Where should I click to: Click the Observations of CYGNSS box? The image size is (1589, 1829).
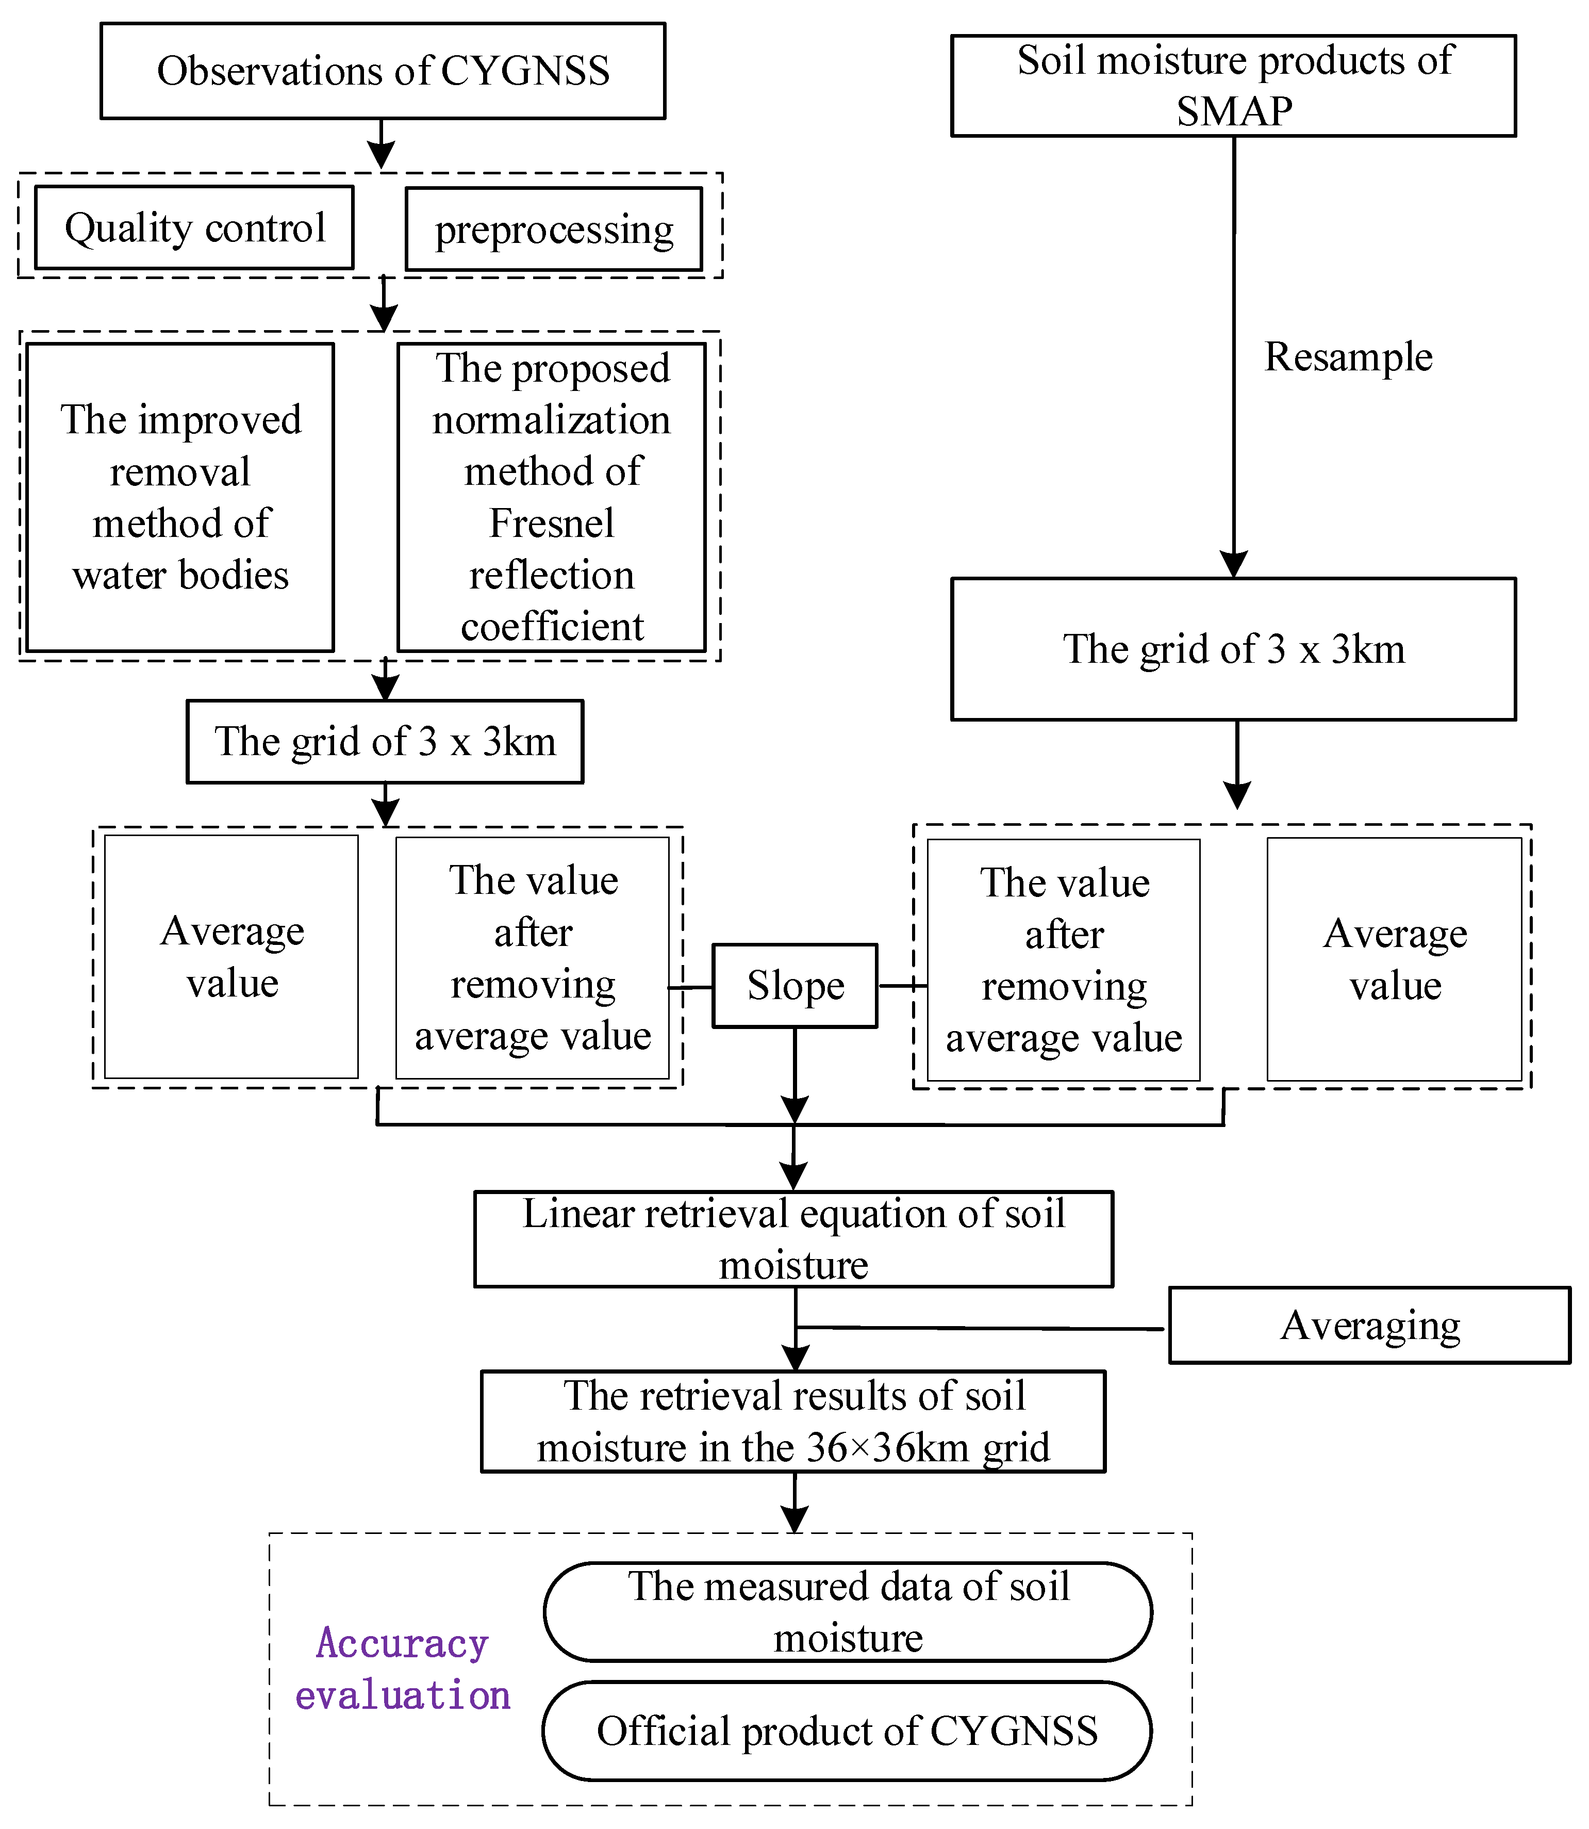383,71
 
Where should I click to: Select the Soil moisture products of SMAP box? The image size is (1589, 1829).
1233,86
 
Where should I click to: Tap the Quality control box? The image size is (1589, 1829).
194,228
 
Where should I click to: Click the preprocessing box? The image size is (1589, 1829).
553,230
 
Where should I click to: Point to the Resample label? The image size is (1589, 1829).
1348,356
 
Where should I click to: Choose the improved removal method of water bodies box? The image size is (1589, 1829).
180,498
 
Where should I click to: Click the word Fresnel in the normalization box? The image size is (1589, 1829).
552,524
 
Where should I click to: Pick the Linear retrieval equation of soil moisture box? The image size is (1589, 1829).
793,1238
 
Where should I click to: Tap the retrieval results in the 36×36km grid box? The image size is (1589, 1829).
793,1421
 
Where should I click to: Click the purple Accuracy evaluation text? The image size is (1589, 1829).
403,1669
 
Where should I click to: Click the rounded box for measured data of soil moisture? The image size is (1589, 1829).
847,1612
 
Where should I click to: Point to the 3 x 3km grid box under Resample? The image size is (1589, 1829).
1233,649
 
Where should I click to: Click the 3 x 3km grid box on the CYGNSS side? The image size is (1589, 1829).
385,742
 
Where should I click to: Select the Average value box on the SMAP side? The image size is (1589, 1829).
1394,959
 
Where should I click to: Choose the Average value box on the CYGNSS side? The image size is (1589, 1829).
231,956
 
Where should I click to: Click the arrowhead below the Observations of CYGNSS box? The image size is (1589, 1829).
382,157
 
